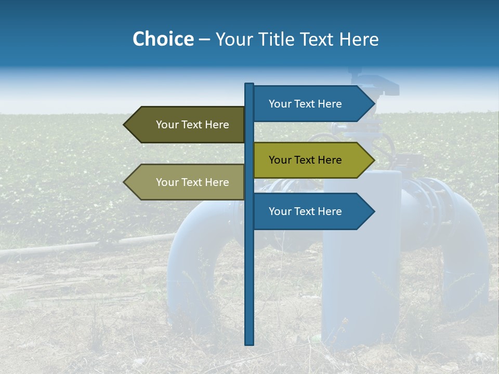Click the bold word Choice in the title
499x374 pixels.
point(163,39)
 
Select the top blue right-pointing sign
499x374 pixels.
point(307,104)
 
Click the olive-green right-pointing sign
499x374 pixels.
point(307,160)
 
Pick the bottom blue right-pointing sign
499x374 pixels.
point(307,211)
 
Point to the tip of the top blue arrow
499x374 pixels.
point(374,104)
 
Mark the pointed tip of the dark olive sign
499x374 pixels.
point(124,125)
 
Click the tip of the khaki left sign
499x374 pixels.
point(124,182)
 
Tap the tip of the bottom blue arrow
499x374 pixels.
point(374,211)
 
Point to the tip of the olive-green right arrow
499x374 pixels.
point(374,160)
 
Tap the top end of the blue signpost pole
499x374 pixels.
point(249,85)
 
